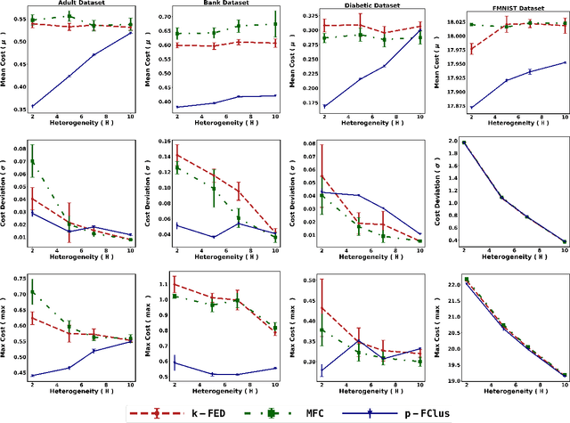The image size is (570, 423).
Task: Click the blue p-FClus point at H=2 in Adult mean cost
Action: tap(33, 106)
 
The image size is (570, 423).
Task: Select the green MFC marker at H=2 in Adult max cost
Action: tap(33, 291)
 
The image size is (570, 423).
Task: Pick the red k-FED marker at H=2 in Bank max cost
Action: tap(175, 285)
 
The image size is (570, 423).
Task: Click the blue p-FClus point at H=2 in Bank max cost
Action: tap(175, 362)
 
